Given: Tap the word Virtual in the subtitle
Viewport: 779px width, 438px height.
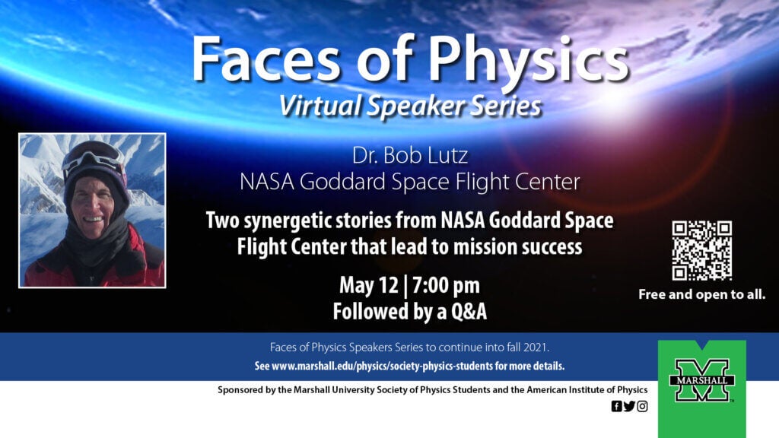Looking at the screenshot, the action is pyautogui.click(x=320, y=106).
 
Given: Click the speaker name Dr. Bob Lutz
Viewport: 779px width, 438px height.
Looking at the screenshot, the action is pyautogui.click(x=410, y=155).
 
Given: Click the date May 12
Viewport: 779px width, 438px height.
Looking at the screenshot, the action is pyautogui.click(x=369, y=285).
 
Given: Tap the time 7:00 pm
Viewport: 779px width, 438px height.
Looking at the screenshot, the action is pyautogui.click(x=446, y=285).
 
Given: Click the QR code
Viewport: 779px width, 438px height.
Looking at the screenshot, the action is pyautogui.click(x=701, y=250).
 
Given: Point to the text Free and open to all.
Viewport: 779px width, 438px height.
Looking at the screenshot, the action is pyautogui.click(x=701, y=294).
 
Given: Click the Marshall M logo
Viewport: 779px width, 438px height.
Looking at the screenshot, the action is pyautogui.click(x=701, y=380).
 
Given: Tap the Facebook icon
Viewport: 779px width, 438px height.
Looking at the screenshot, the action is pyautogui.click(x=616, y=406).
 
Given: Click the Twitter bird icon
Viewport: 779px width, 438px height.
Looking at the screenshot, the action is pyautogui.click(x=629, y=406).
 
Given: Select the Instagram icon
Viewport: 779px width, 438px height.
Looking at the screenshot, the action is pyautogui.click(x=642, y=406).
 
